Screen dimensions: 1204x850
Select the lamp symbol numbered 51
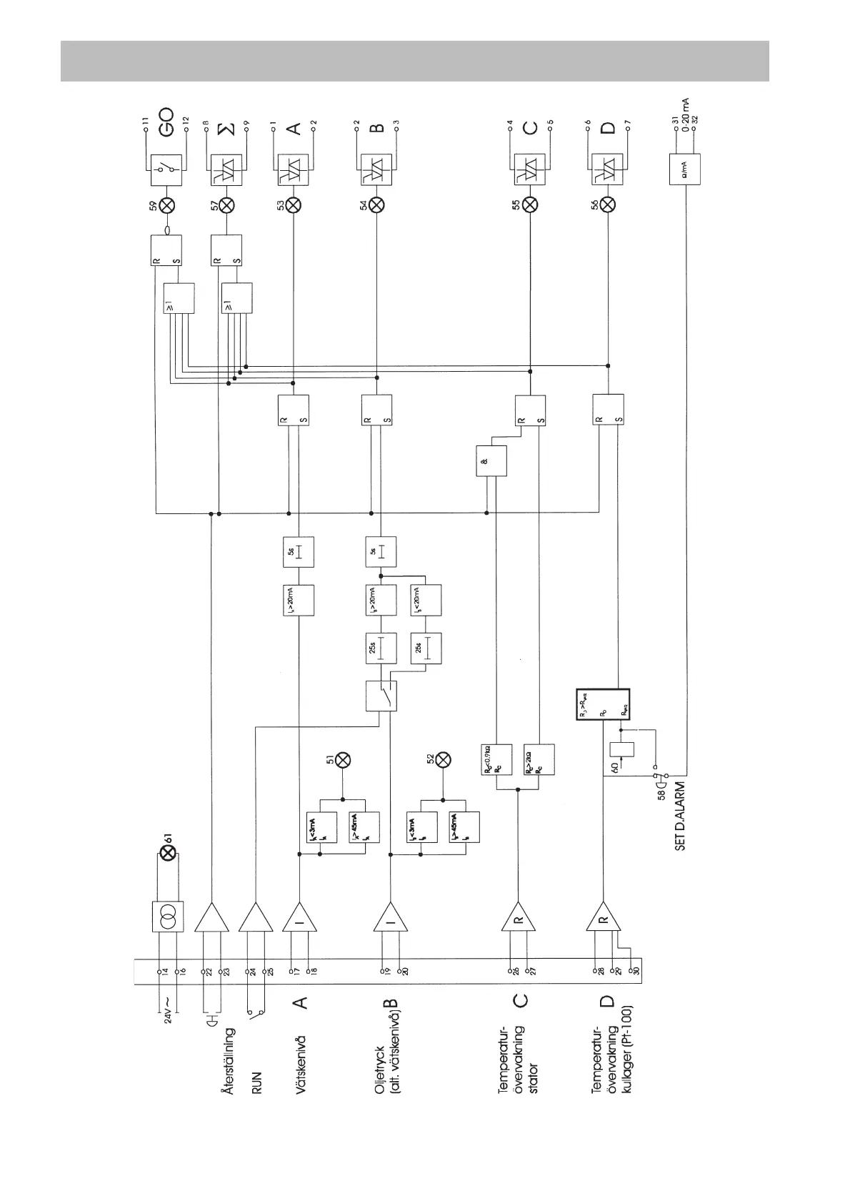[343, 759]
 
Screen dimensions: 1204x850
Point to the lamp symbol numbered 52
[443, 759]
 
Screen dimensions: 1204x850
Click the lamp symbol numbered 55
[530, 205]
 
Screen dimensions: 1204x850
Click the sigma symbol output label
[226, 129]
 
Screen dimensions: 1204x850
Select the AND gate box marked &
[491, 461]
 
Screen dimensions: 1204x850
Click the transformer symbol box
[169, 917]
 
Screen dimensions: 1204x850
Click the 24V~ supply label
[169, 1010]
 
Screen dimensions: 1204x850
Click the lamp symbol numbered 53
[294, 205]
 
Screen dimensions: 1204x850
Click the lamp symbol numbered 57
[226, 205]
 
